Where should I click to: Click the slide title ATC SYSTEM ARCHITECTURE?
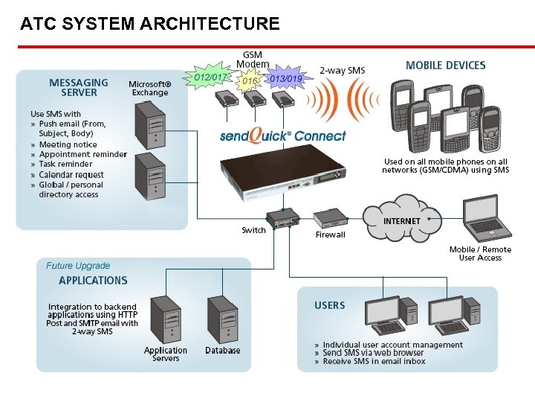pyautogui.click(x=150, y=24)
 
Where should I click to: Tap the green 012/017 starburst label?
pyautogui.click(x=210, y=77)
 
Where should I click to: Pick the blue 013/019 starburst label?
pyautogui.click(x=285, y=78)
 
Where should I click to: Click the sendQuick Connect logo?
pyautogui.click(x=282, y=135)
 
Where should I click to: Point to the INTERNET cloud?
pyautogui.click(x=401, y=220)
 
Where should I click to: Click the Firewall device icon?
pyautogui.click(x=330, y=218)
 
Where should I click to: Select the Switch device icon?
pyautogui.click(x=282, y=218)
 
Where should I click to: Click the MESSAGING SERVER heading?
pyautogui.click(x=79, y=88)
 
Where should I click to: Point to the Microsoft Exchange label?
pyautogui.click(x=150, y=89)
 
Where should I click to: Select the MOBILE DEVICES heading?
pyautogui.click(x=446, y=66)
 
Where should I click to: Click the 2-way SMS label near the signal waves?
pyautogui.click(x=342, y=71)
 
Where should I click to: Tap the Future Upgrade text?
pyautogui.click(x=78, y=266)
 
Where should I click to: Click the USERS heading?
pyautogui.click(x=329, y=305)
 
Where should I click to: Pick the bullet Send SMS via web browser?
pyautogui.click(x=373, y=352)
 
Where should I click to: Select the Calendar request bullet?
pyautogui.click(x=71, y=175)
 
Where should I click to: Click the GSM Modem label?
pyautogui.click(x=253, y=60)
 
